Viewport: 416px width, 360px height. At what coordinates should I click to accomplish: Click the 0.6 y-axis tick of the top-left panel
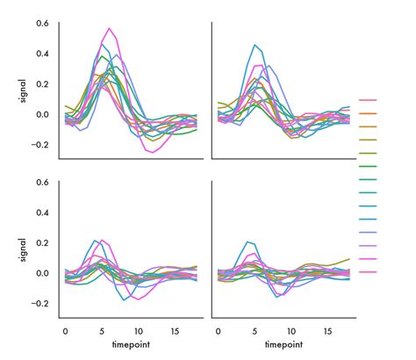[42, 23]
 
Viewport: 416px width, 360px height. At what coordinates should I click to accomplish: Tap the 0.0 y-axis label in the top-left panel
[42, 114]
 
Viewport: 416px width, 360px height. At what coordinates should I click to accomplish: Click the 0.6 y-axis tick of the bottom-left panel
[42, 182]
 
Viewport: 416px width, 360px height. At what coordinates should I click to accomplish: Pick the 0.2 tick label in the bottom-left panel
[42, 242]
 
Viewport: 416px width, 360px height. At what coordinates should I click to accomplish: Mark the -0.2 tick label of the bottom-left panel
[39, 303]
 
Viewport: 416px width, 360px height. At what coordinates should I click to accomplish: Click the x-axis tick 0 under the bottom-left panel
[65, 332]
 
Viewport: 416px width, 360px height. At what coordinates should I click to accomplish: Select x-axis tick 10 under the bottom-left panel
[139, 332]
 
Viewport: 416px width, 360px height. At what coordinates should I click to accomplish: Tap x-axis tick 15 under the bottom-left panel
[176, 332]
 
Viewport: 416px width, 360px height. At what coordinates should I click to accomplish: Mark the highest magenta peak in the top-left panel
[109, 29]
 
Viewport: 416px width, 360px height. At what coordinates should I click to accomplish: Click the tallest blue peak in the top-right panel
[255, 45]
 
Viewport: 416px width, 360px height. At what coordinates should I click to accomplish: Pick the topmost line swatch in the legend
[368, 100]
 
